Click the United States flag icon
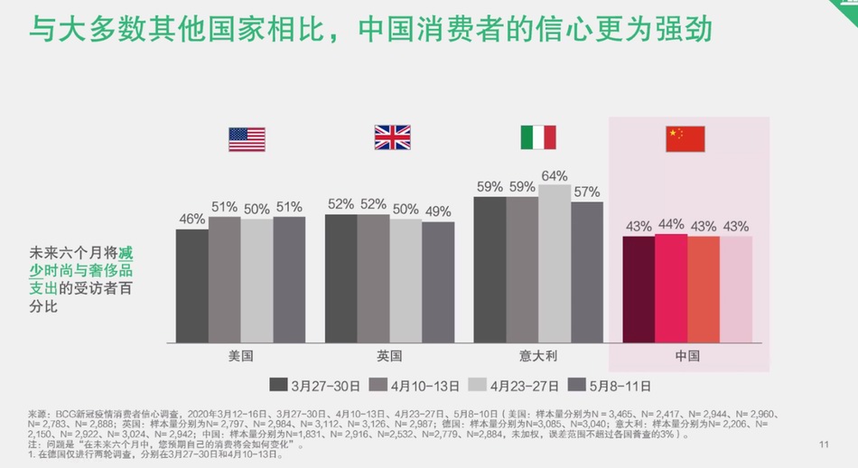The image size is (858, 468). click(247, 139)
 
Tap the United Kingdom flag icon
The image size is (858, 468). click(392, 137)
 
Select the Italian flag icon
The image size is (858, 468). click(537, 137)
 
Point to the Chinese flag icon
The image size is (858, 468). click(685, 138)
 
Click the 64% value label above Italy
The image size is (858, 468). click(554, 175)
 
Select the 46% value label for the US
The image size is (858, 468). click(191, 219)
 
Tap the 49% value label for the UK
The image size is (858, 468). click(438, 211)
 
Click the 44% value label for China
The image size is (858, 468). click(671, 224)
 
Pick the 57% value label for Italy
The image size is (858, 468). click(586, 192)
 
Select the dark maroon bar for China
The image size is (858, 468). click(639, 289)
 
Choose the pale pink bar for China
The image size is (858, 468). click(735, 289)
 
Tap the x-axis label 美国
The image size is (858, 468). click(241, 356)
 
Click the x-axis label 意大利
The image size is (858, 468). click(537, 356)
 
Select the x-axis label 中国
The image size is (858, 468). click(687, 356)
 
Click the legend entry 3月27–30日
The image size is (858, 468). click(315, 385)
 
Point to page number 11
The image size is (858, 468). click(823, 444)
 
